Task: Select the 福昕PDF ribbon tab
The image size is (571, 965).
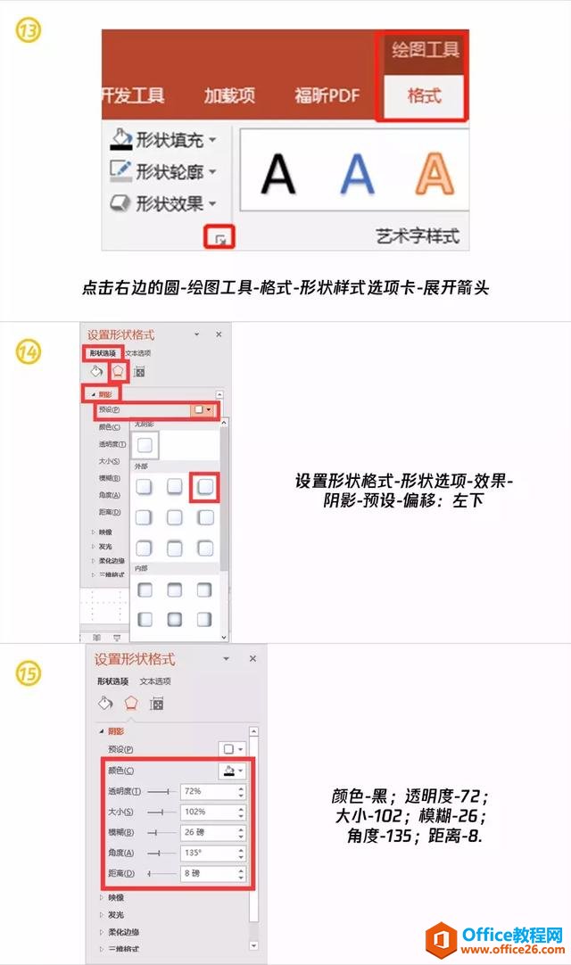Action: coord(327,95)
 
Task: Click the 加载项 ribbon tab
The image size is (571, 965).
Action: coord(229,95)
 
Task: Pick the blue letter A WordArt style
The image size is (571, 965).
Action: coord(356,172)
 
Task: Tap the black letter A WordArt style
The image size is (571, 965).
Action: coord(278,172)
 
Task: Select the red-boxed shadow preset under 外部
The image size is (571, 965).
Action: coord(205,487)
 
